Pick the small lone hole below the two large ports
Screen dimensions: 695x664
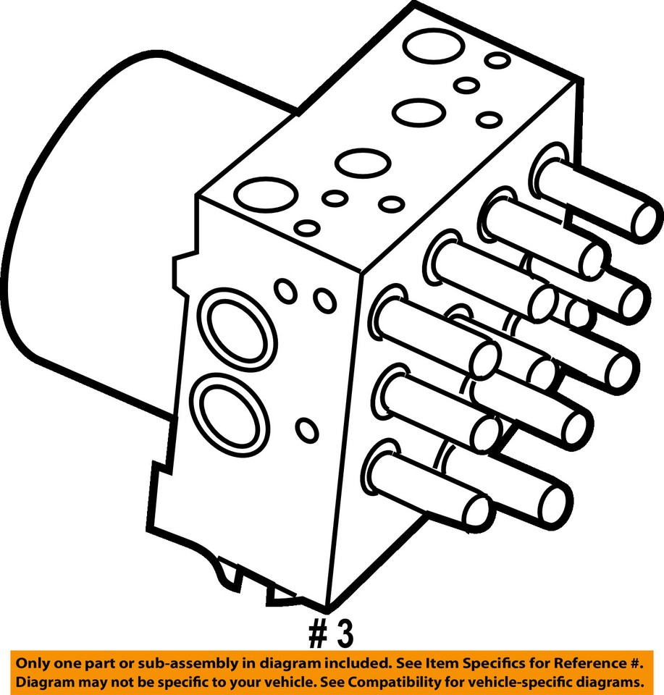308,430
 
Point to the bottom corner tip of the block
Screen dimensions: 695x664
329,607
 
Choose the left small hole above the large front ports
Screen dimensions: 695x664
286,292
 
